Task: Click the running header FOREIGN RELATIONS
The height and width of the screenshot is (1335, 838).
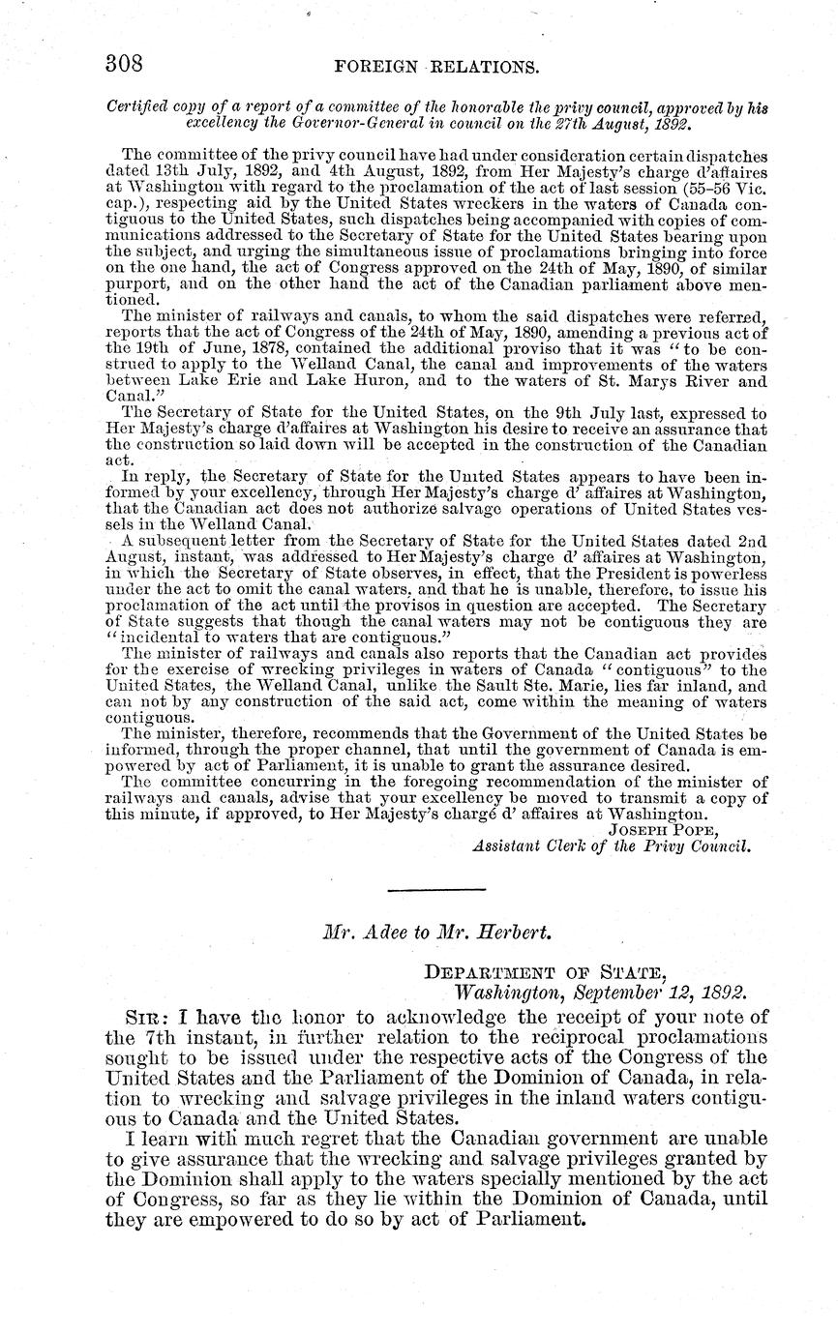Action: [434, 66]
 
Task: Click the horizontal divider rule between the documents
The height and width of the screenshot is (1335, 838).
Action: [435, 889]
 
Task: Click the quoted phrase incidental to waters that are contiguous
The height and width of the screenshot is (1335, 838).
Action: [283, 638]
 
